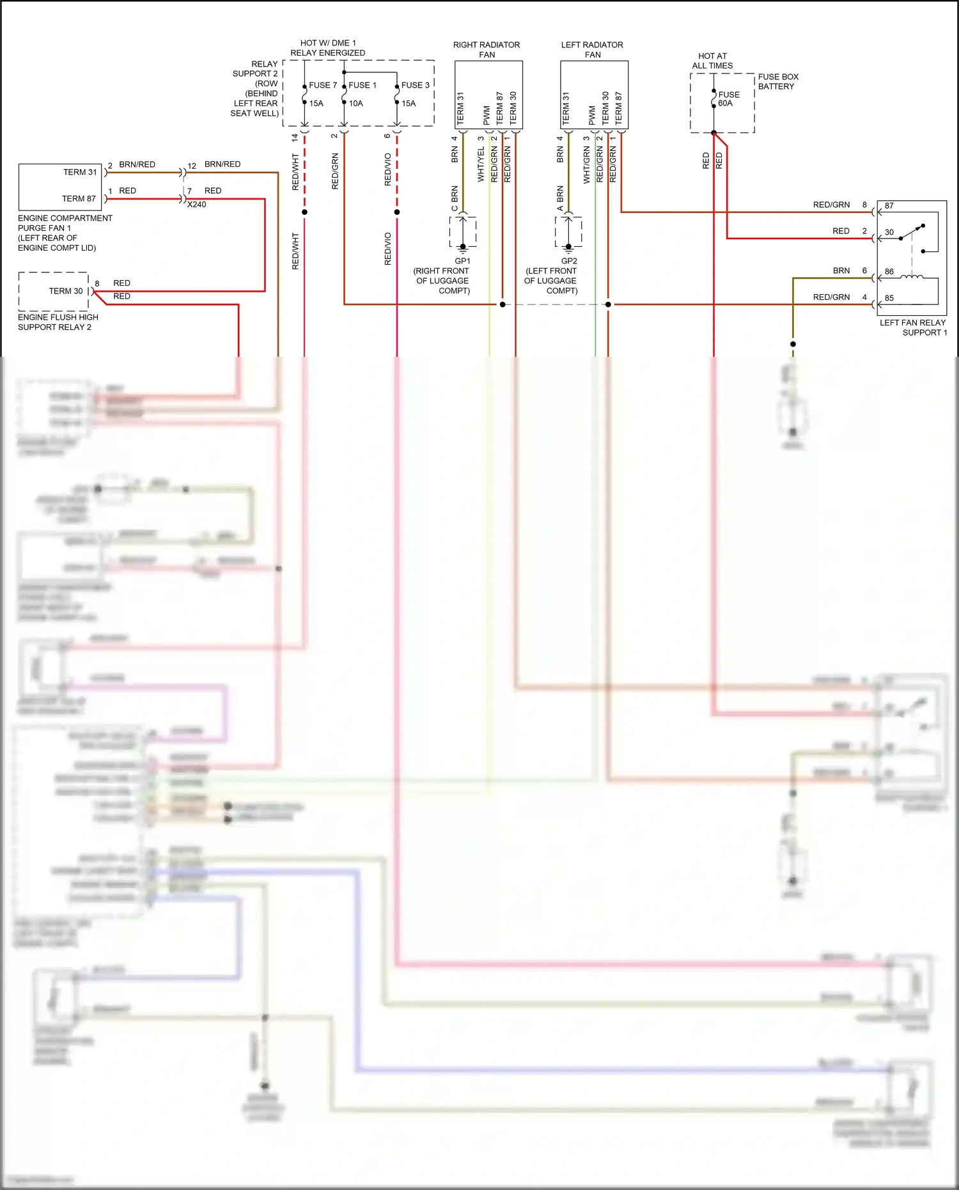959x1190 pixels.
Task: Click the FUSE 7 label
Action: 322,85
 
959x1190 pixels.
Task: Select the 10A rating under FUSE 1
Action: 356,104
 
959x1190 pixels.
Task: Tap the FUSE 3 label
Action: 415,85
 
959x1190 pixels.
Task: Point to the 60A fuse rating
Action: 725,104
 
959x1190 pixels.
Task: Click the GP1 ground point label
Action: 462,261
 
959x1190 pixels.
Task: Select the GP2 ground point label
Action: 569,261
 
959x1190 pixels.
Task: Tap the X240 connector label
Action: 197,205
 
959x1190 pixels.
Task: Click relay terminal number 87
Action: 889,206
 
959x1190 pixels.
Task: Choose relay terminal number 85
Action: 889,298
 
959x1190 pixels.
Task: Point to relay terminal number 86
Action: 889,272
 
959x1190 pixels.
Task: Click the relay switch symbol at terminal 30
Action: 913,232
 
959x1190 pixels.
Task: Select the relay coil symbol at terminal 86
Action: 912,276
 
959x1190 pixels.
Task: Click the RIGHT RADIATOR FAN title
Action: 487,49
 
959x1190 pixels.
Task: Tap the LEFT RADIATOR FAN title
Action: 592,49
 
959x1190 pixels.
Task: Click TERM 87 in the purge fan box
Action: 79,199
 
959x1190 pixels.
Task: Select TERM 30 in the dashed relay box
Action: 66,291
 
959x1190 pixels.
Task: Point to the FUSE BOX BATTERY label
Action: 778,81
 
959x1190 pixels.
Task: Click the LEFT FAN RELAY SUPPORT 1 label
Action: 913,327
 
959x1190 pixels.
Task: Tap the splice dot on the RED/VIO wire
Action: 397,212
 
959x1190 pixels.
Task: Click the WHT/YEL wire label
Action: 481,164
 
